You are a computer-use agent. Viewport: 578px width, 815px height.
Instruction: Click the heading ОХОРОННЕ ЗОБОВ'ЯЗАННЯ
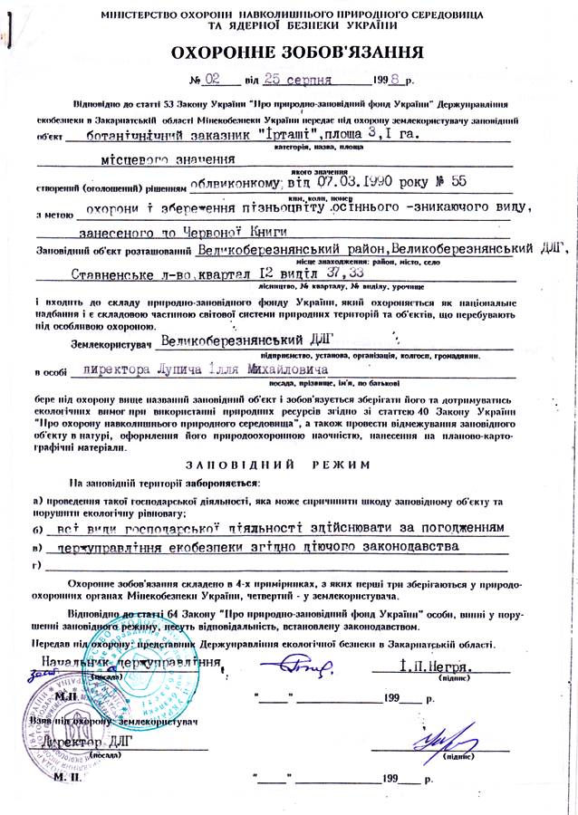[x=288, y=53]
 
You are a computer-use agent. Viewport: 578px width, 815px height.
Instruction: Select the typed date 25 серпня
[x=282, y=81]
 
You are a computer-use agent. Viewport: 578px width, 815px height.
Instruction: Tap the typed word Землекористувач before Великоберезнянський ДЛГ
[x=108, y=345]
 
